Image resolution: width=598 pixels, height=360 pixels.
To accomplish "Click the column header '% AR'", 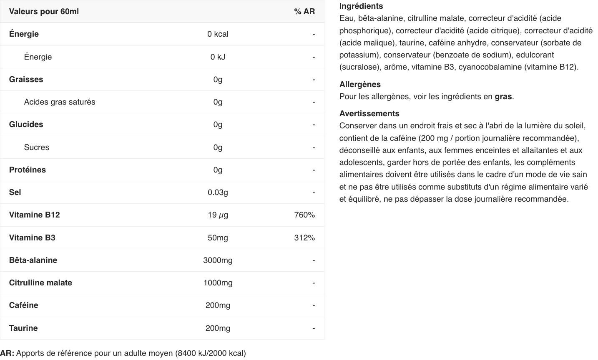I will click(x=304, y=12).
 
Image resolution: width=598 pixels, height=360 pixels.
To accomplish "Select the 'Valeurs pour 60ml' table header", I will click(x=44, y=12).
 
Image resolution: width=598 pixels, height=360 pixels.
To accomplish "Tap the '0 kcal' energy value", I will click(x=218, y=34).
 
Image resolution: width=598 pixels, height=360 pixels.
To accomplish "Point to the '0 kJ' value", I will click(x=218, y=57).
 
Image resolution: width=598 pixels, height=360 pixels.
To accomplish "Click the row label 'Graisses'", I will click(x=26, y=80).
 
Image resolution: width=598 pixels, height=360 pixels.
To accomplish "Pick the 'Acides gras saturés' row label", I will click(x=60, y=102).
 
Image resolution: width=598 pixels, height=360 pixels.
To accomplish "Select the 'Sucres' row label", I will click(x=37, y=147).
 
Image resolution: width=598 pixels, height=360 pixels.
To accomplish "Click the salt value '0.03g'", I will click(x=218, y=192).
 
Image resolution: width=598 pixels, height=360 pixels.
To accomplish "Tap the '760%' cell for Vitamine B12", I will click(x=304, y=215).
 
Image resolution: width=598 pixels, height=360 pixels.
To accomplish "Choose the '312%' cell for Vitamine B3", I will click(x=304, y=238).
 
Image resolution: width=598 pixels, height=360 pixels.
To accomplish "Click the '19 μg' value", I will click(x=218, y=215).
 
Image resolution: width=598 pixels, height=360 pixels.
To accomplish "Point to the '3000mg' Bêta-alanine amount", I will click(x=218, y=260).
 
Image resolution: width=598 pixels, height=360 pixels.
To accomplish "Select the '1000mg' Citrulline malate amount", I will click(x=218, y=283).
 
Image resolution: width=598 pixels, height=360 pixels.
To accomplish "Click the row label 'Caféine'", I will click(x=24, y=305).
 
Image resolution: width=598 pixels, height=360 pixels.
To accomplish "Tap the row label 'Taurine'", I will click(x=23, y=328).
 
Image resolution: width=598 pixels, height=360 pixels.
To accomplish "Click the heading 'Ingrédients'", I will click(x=361, y=6).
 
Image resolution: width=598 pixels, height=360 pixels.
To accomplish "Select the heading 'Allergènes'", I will click(x=360, y=85).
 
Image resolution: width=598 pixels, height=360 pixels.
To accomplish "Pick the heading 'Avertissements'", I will click(x=369, y=114).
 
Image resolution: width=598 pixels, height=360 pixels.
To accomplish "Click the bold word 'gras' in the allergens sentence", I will click(x=503, y=97).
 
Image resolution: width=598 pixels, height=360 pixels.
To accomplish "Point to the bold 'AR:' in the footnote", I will click(x=7, y=353).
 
